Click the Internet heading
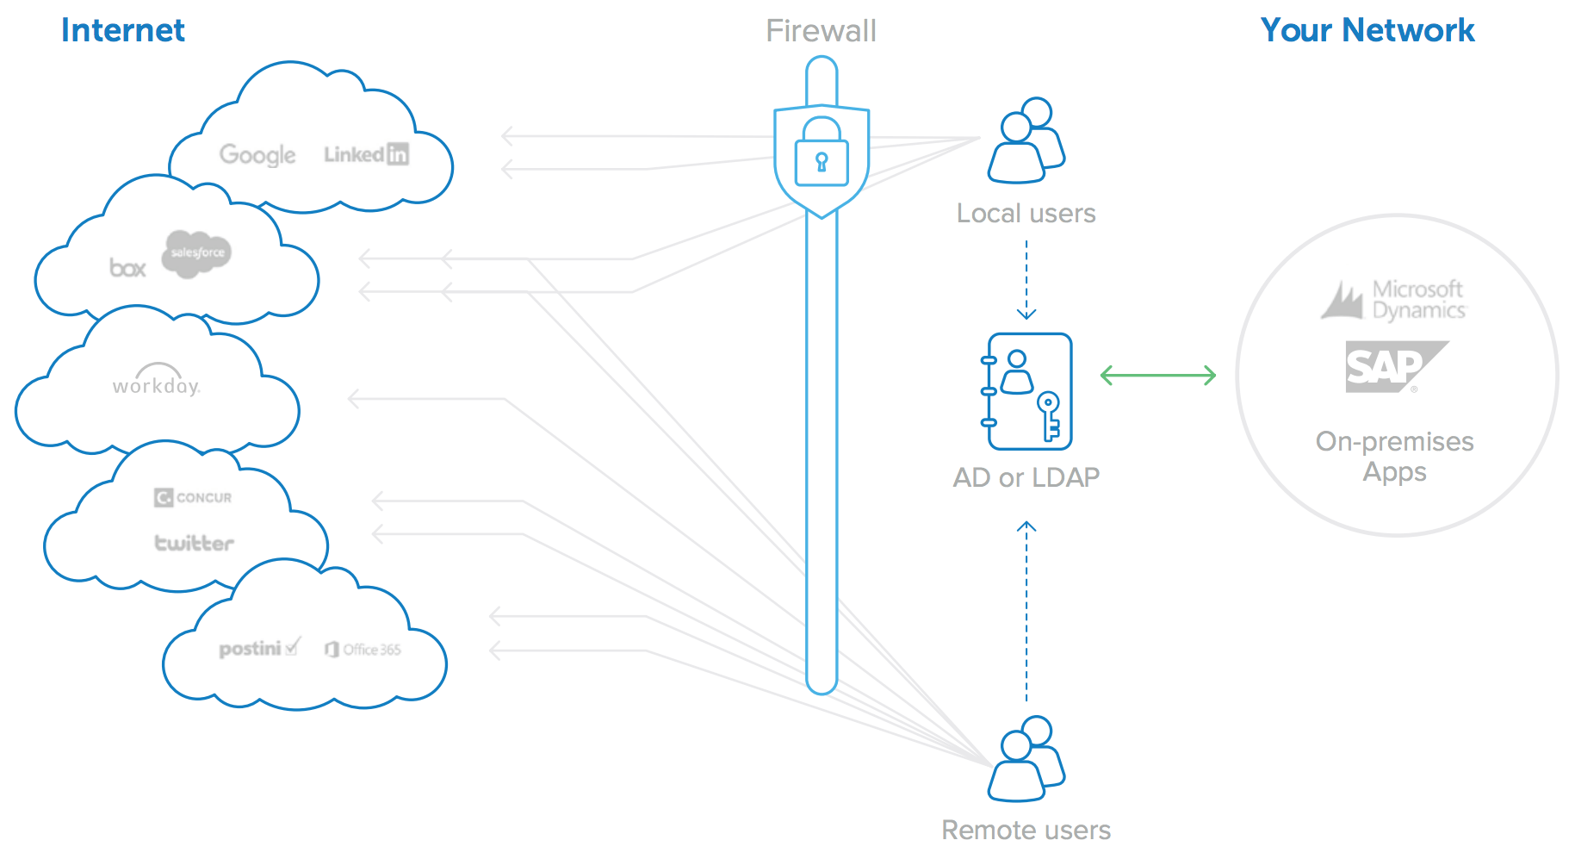[122, 31]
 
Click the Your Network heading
[1367, 31]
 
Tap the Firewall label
[821, 32]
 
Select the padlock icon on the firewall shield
[822, 153]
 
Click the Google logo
[257, 155]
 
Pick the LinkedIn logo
[366, 154]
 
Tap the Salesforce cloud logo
[197, 253]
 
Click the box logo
[127, 268]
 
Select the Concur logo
[193, 497]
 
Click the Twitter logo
[194, 543]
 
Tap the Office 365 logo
[363, 650]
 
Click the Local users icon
[1026, 141]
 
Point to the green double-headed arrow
[1158, 376]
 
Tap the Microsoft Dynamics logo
[1395, 300]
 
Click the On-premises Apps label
[1394, 457]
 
